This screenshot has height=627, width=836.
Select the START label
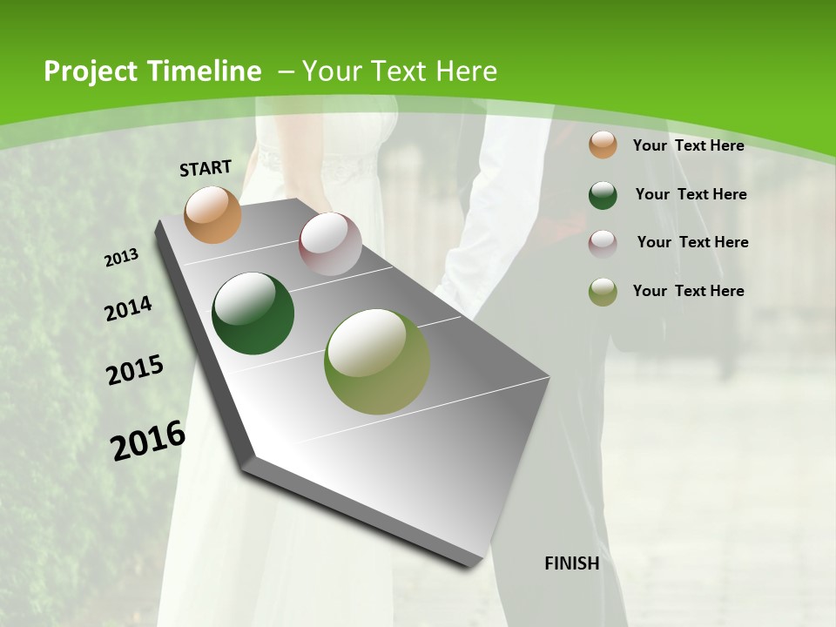206,168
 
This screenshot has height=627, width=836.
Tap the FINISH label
572,563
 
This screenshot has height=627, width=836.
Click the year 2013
122,257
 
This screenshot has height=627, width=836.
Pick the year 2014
129,309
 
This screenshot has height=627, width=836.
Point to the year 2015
135,370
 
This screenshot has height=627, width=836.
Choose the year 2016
148,440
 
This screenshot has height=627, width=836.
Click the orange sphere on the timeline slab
213,214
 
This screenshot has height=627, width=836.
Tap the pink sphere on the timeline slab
330,244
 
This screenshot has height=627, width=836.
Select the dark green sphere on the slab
253,314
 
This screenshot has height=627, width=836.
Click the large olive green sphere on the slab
377,361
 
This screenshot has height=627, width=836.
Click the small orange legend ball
603,145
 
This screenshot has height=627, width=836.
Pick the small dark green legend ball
603,195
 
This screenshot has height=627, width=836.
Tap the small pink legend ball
603,243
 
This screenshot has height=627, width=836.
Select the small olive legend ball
603,292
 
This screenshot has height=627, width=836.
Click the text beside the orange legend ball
688,145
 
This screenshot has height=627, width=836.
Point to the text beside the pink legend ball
692,242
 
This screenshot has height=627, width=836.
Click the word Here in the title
467,71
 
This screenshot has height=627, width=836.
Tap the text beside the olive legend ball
688,291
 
